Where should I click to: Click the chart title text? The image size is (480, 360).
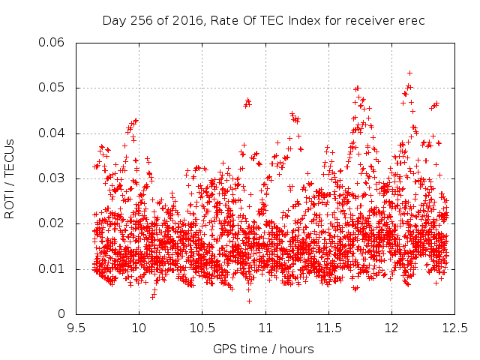click(x=263, y=21)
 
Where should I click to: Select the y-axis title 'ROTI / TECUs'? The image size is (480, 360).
click(x=9, y=179)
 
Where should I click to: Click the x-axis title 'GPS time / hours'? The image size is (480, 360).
click(x=263, y=349)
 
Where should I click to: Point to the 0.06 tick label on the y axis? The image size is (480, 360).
click(x=52, y=42)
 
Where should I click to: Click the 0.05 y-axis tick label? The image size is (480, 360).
click(x=52, y=88)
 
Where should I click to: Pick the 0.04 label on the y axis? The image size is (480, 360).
click(x=52, y=133)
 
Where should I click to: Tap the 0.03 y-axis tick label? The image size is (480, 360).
click(x=52, y=178)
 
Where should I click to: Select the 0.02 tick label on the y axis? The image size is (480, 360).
click(x=52, y=223)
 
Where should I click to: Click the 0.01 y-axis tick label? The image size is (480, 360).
click(x=52, y=268)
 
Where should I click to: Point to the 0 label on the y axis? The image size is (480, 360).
click(x=61, y=313)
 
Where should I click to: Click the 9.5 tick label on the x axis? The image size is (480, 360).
click(x=76, y=328)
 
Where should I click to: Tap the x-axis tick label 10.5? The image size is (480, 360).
click(x=202, y=328)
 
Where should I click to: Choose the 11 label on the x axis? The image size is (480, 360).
click(x=265, y=328)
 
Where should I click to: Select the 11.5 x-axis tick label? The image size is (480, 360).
click(x=328, y=328)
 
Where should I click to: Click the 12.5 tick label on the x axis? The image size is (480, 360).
click(x=455, y=328)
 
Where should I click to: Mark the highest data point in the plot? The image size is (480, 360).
click(x=409, y=73)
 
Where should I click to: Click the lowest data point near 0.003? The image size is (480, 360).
click(x=249, y=301)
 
